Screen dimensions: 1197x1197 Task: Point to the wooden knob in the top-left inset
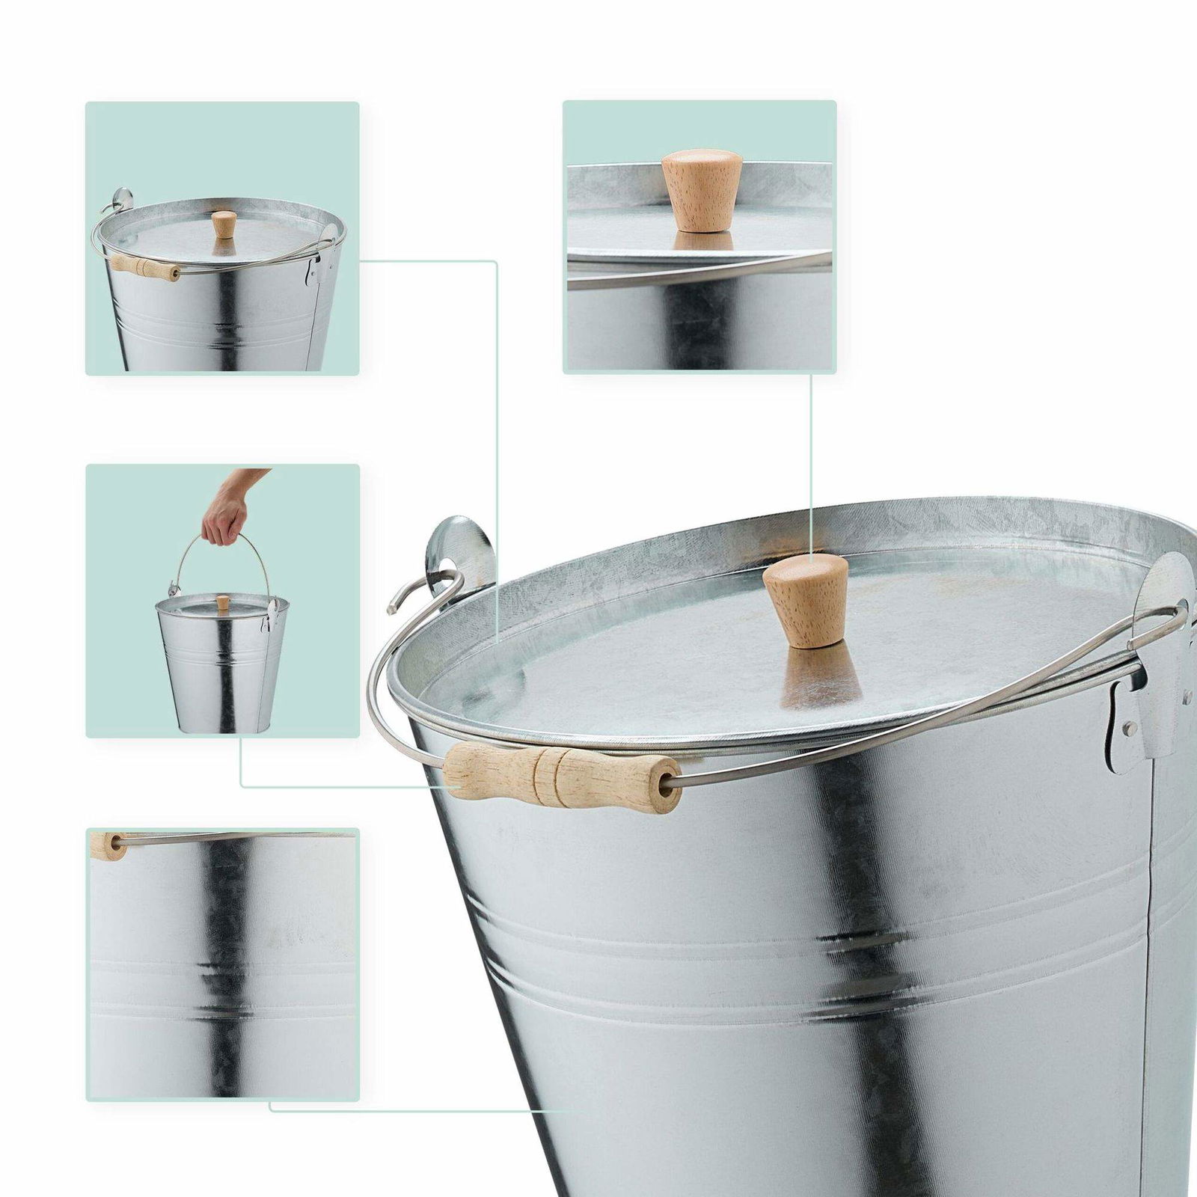(x=223, y=223)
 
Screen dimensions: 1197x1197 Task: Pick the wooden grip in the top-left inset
(x=145, y=266)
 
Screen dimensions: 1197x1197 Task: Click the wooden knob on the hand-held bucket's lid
(x=222, y=602)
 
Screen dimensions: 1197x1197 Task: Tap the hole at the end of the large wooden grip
(x=665, y=783)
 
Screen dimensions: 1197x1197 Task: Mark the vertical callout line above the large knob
(x=812, y=464)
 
